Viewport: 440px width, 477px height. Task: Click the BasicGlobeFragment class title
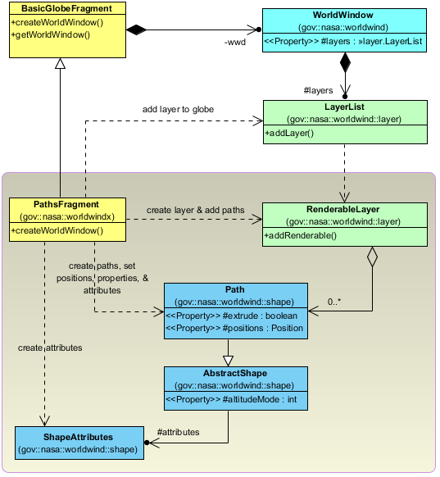coord(66,8)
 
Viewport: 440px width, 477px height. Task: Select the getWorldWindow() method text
coord(51,34)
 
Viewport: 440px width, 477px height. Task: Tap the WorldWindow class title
coord(343,15)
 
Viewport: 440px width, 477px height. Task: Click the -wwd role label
coord(235,42)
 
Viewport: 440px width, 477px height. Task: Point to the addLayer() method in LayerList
coord(289,134)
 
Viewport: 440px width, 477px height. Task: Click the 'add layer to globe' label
coord(178,109)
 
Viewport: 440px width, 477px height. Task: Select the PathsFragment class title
coord(66,204)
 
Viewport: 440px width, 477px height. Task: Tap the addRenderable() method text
coord(300,235)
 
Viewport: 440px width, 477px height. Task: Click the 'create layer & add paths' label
coord(196,210)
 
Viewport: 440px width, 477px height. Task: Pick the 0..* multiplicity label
coord(334,302)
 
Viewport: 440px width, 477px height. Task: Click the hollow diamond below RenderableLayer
coord(372,257)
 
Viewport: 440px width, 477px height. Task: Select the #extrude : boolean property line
coord(231,316)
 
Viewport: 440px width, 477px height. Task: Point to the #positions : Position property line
coord(234,328)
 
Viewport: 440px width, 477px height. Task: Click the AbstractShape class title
coord(235,373)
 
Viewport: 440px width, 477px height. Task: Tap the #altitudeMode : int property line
coord(231,399)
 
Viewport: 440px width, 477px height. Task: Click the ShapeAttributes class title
coord(78,437)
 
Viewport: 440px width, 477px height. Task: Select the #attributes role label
coord(178,432)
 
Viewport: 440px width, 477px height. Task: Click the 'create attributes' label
coord(50,348)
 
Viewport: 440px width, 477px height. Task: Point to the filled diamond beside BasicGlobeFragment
coord(136,30)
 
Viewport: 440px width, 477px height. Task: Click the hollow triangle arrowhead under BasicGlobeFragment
coord(60,63)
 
